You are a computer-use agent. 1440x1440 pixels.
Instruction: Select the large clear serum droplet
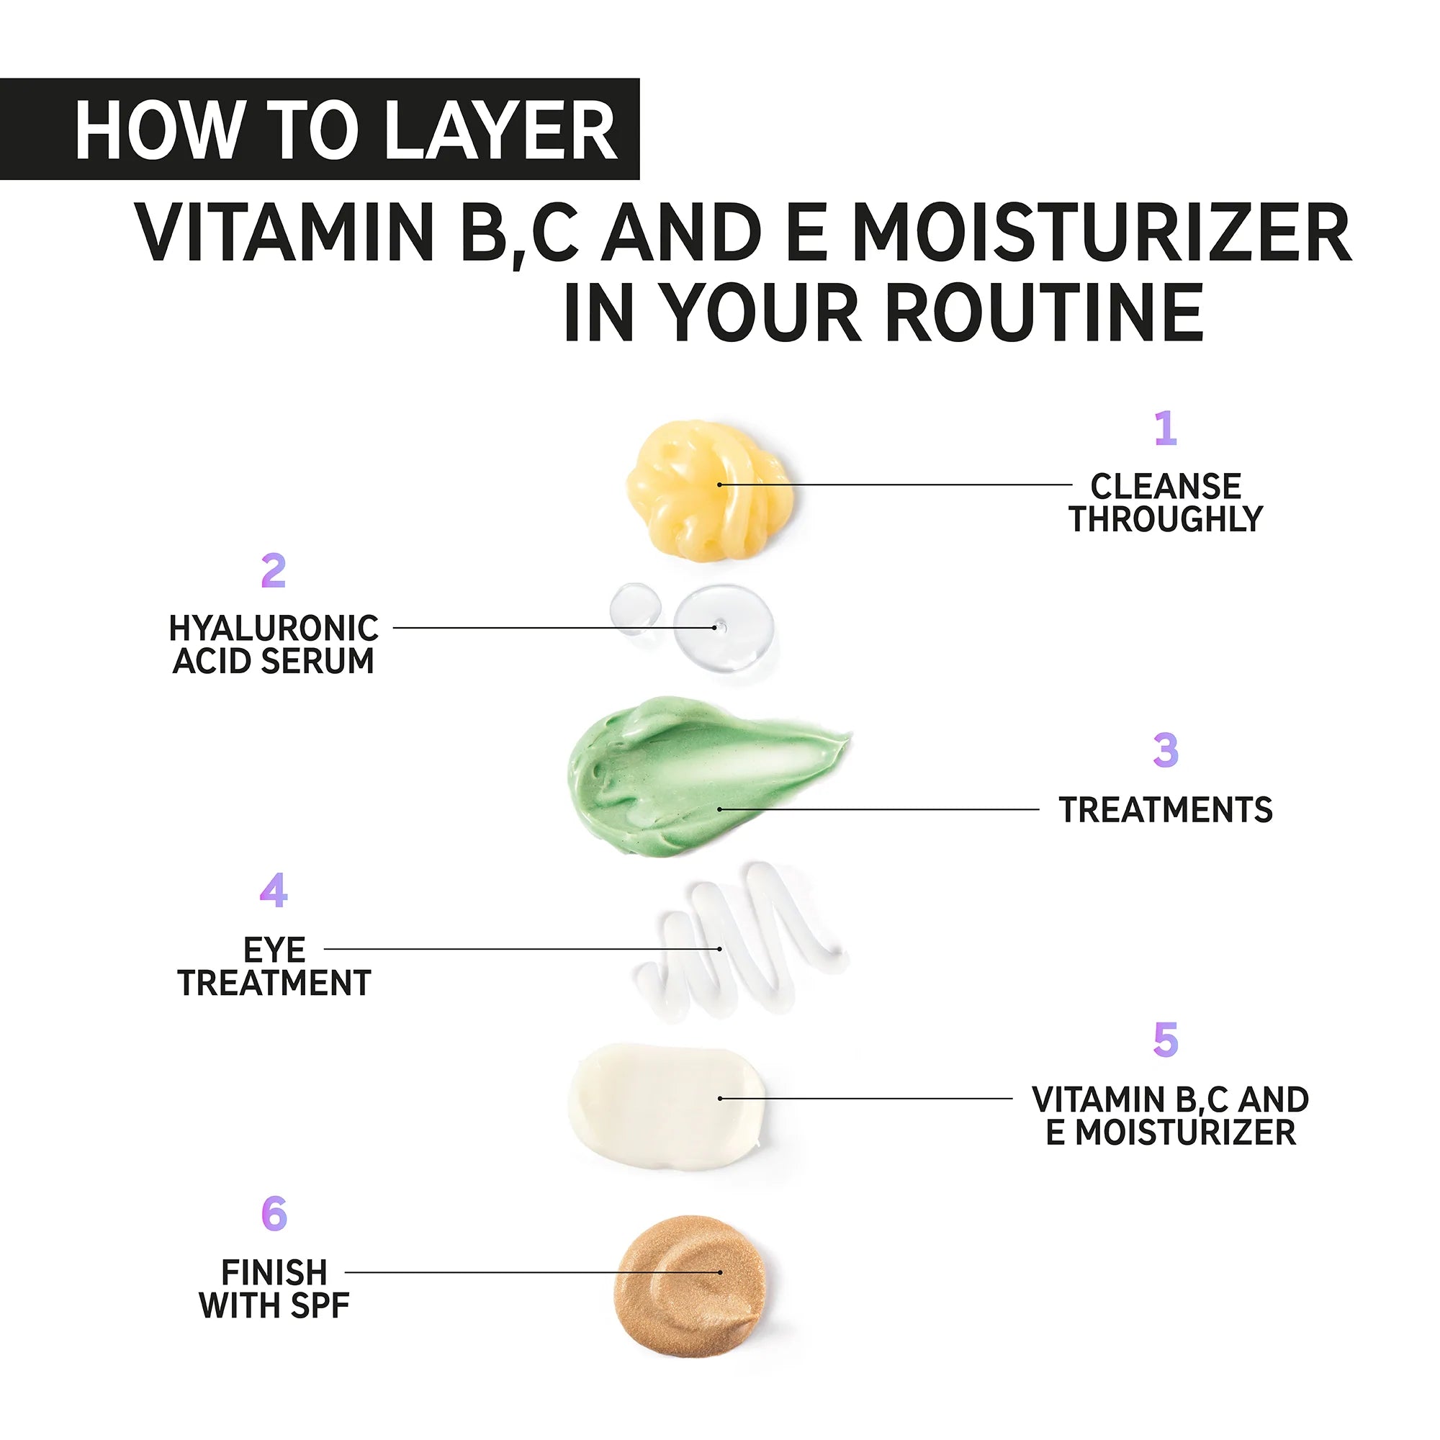click(x=723, y=627)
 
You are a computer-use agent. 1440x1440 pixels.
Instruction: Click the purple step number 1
click(x=1165, y=428)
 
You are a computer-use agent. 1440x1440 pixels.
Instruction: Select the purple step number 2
click(x=274, y=571)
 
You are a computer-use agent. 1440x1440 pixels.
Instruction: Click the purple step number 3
click(x=1165, y=750)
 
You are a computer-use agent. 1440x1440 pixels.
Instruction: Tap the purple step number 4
click(x=274, y=891)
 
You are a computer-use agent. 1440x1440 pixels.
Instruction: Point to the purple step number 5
click(x=1165, y=1040)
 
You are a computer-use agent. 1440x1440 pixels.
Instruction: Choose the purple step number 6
click(x=274, y=1214)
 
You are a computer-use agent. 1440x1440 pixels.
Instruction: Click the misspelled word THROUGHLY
click(x=1166, y=520)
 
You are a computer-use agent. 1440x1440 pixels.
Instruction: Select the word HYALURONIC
click(x=274, y=629)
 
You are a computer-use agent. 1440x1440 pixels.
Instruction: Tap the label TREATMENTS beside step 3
click(x=1166, y=810)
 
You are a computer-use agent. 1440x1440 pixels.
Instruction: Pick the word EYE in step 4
click(x=274, y=950)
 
